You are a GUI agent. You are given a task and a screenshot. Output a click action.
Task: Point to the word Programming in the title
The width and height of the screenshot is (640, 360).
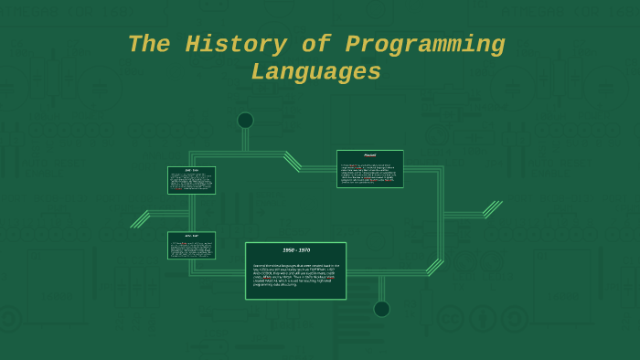(x=425, y=45)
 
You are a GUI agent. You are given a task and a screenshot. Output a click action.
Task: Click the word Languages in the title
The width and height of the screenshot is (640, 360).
(x=316, y=72)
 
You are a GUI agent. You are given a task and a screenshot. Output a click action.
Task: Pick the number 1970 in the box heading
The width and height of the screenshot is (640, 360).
(x=304, y=249)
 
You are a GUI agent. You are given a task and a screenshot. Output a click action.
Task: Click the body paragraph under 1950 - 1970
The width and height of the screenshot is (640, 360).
(x=295, y=275)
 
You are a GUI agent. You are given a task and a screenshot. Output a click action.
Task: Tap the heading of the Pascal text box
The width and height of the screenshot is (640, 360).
(x=369, y=155)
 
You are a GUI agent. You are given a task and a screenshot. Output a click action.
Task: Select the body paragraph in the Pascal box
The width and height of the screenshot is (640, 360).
(x=369, y=174)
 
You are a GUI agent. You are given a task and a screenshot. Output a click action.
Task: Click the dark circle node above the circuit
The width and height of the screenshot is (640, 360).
(x=245, y=121)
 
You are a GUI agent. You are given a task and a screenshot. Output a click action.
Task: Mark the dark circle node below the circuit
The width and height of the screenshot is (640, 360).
(x=381, y=309)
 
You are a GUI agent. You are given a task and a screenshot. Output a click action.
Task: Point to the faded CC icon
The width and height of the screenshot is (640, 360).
(x=450, y=319)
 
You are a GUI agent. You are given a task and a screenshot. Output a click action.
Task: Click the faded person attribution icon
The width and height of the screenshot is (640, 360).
(x=482, y=319)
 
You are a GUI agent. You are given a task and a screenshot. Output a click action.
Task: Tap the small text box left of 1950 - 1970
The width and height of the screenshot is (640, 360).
(x=191, y=246)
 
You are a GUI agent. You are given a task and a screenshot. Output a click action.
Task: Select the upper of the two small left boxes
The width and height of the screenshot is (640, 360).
(x=191, y=180)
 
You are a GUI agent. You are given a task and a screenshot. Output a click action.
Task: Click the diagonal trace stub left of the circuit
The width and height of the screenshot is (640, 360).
(x=140, y=219)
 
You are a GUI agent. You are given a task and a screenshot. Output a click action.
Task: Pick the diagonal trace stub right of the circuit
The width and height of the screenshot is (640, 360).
(x=493, y=209)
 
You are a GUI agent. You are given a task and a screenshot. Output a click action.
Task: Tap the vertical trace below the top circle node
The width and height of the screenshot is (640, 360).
(x=245, y=140)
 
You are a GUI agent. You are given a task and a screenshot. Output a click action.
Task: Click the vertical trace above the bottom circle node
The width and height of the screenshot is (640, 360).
(x=381, y=288)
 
